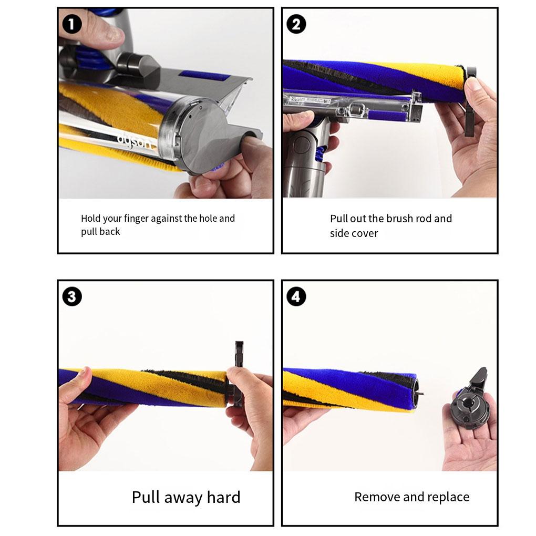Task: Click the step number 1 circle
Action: (72, 24)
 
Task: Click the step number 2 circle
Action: (296, 24)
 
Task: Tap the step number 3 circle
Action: (72, 297)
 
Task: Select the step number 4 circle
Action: (296, 297)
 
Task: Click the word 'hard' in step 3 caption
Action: (223, 497)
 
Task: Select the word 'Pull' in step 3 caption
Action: (146, 497)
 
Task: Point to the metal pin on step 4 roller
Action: (422, 391)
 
